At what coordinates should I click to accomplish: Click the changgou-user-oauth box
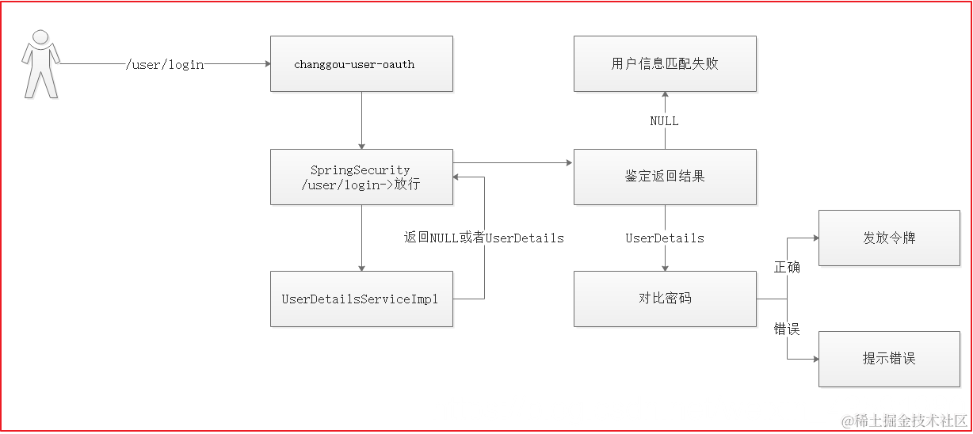[361, 63]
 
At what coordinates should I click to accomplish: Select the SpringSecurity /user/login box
[361, 177]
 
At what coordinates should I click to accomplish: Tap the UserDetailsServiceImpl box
[361, 299]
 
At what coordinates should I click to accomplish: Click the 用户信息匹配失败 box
[665, 63]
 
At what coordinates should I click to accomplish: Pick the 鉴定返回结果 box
[665, 177]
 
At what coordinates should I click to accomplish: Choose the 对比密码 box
[665, 299]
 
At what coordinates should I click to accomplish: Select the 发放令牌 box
[889, 238]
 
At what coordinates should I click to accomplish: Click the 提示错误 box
[889, 359]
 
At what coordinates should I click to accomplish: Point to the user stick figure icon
[40, 63]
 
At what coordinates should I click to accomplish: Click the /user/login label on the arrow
[165, 64]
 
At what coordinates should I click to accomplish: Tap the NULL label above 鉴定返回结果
[664, 121]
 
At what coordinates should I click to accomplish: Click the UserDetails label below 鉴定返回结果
[665, 238]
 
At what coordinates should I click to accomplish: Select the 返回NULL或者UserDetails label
[483, 238]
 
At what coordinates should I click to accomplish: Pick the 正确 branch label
[787, 268]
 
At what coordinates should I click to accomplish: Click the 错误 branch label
[787, 329]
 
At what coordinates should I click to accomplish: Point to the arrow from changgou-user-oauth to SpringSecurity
[361, 119]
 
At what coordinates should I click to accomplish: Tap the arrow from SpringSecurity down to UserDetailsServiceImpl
[361, 238]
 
